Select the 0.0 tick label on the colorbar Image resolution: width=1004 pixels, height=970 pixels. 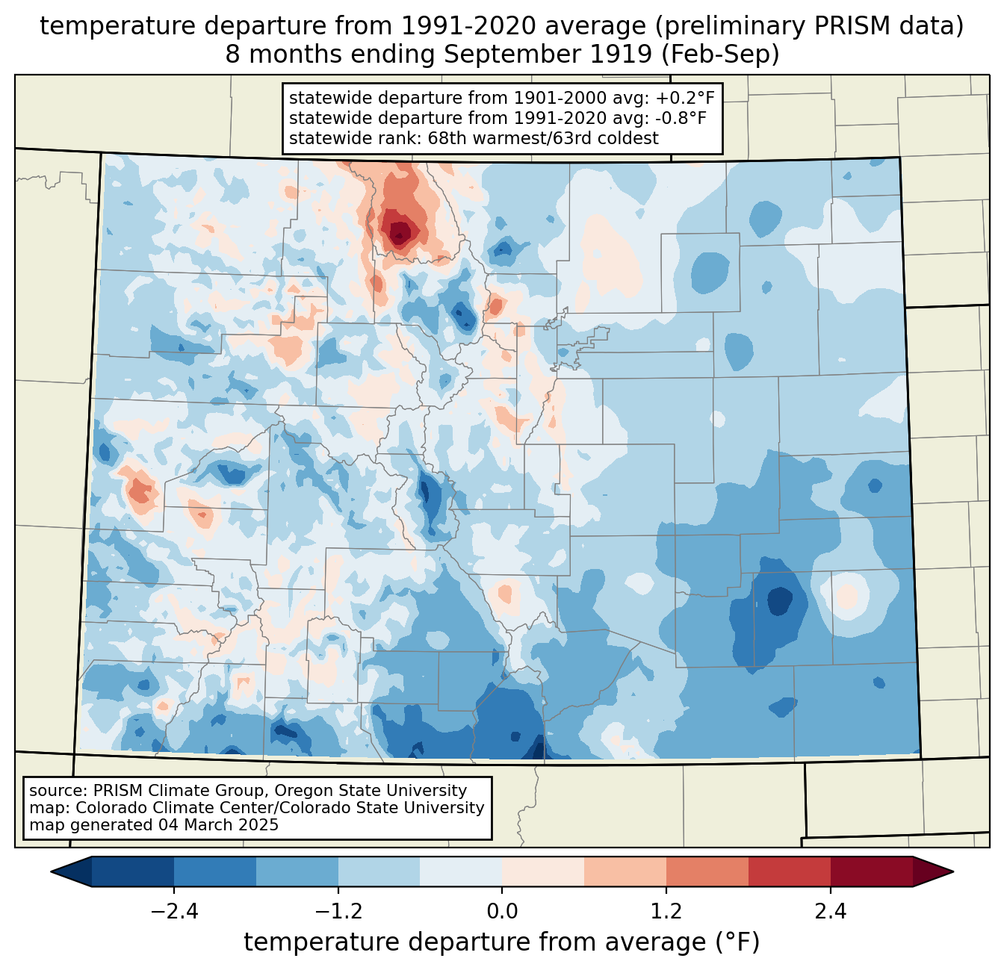click(502, 912)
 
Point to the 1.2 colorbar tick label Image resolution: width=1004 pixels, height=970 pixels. click(666, 912)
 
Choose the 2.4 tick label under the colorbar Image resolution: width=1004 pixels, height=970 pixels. click(830, 912)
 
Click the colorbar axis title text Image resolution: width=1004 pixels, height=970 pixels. click(502, 942)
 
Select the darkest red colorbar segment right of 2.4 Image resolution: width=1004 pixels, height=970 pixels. click(871, 871)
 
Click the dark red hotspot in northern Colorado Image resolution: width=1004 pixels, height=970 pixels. click(399, 231)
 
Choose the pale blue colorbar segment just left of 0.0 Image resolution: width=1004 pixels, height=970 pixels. click(461, 871)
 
